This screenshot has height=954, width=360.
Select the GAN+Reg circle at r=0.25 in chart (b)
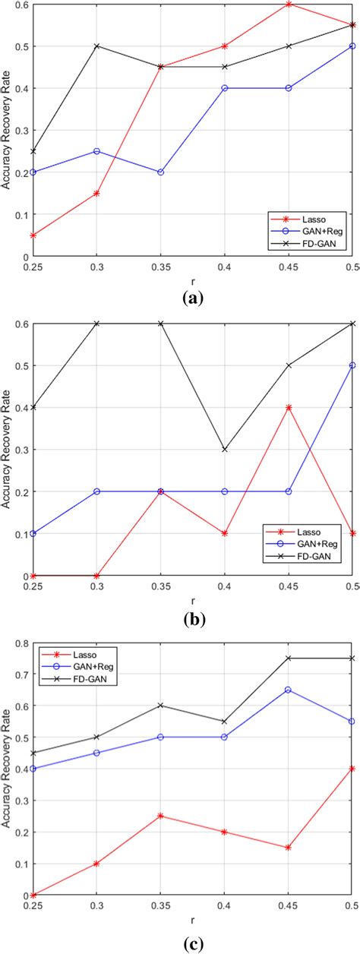click(x=33, y=533)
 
